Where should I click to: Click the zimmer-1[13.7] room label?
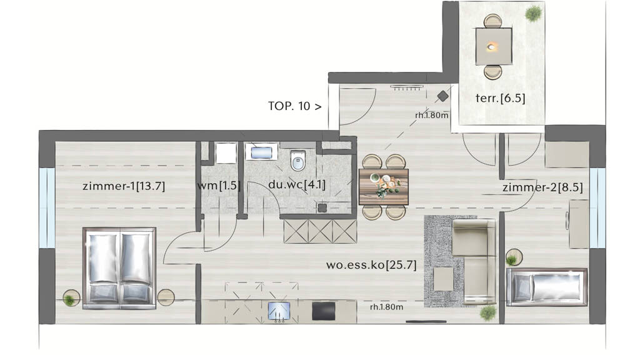click(124, 186)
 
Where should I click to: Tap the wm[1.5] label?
click(218, 186)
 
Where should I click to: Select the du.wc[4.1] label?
click(297, 184)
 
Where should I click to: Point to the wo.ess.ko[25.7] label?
click(371, 265)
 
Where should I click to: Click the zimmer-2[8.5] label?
click(542, 187)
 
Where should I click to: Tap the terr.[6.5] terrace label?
click(500, 98)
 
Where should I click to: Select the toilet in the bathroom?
click(298, 161)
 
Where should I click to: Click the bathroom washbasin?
click(261, 152)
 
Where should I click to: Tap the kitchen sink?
click(279, 311)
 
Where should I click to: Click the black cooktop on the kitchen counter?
click(324, 311)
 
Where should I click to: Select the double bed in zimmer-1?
click(119, 268)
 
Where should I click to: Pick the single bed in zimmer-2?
click(546, 287)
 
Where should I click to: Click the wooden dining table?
click(384, 187)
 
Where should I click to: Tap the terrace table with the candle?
click(494, 46)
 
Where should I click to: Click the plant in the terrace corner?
click(534, 14)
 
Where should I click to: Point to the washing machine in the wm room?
click(226, 153)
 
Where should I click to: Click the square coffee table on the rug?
click(443, 279)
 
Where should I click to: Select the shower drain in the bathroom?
click(322, 207)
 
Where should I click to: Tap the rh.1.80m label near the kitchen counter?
click(386, 307)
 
